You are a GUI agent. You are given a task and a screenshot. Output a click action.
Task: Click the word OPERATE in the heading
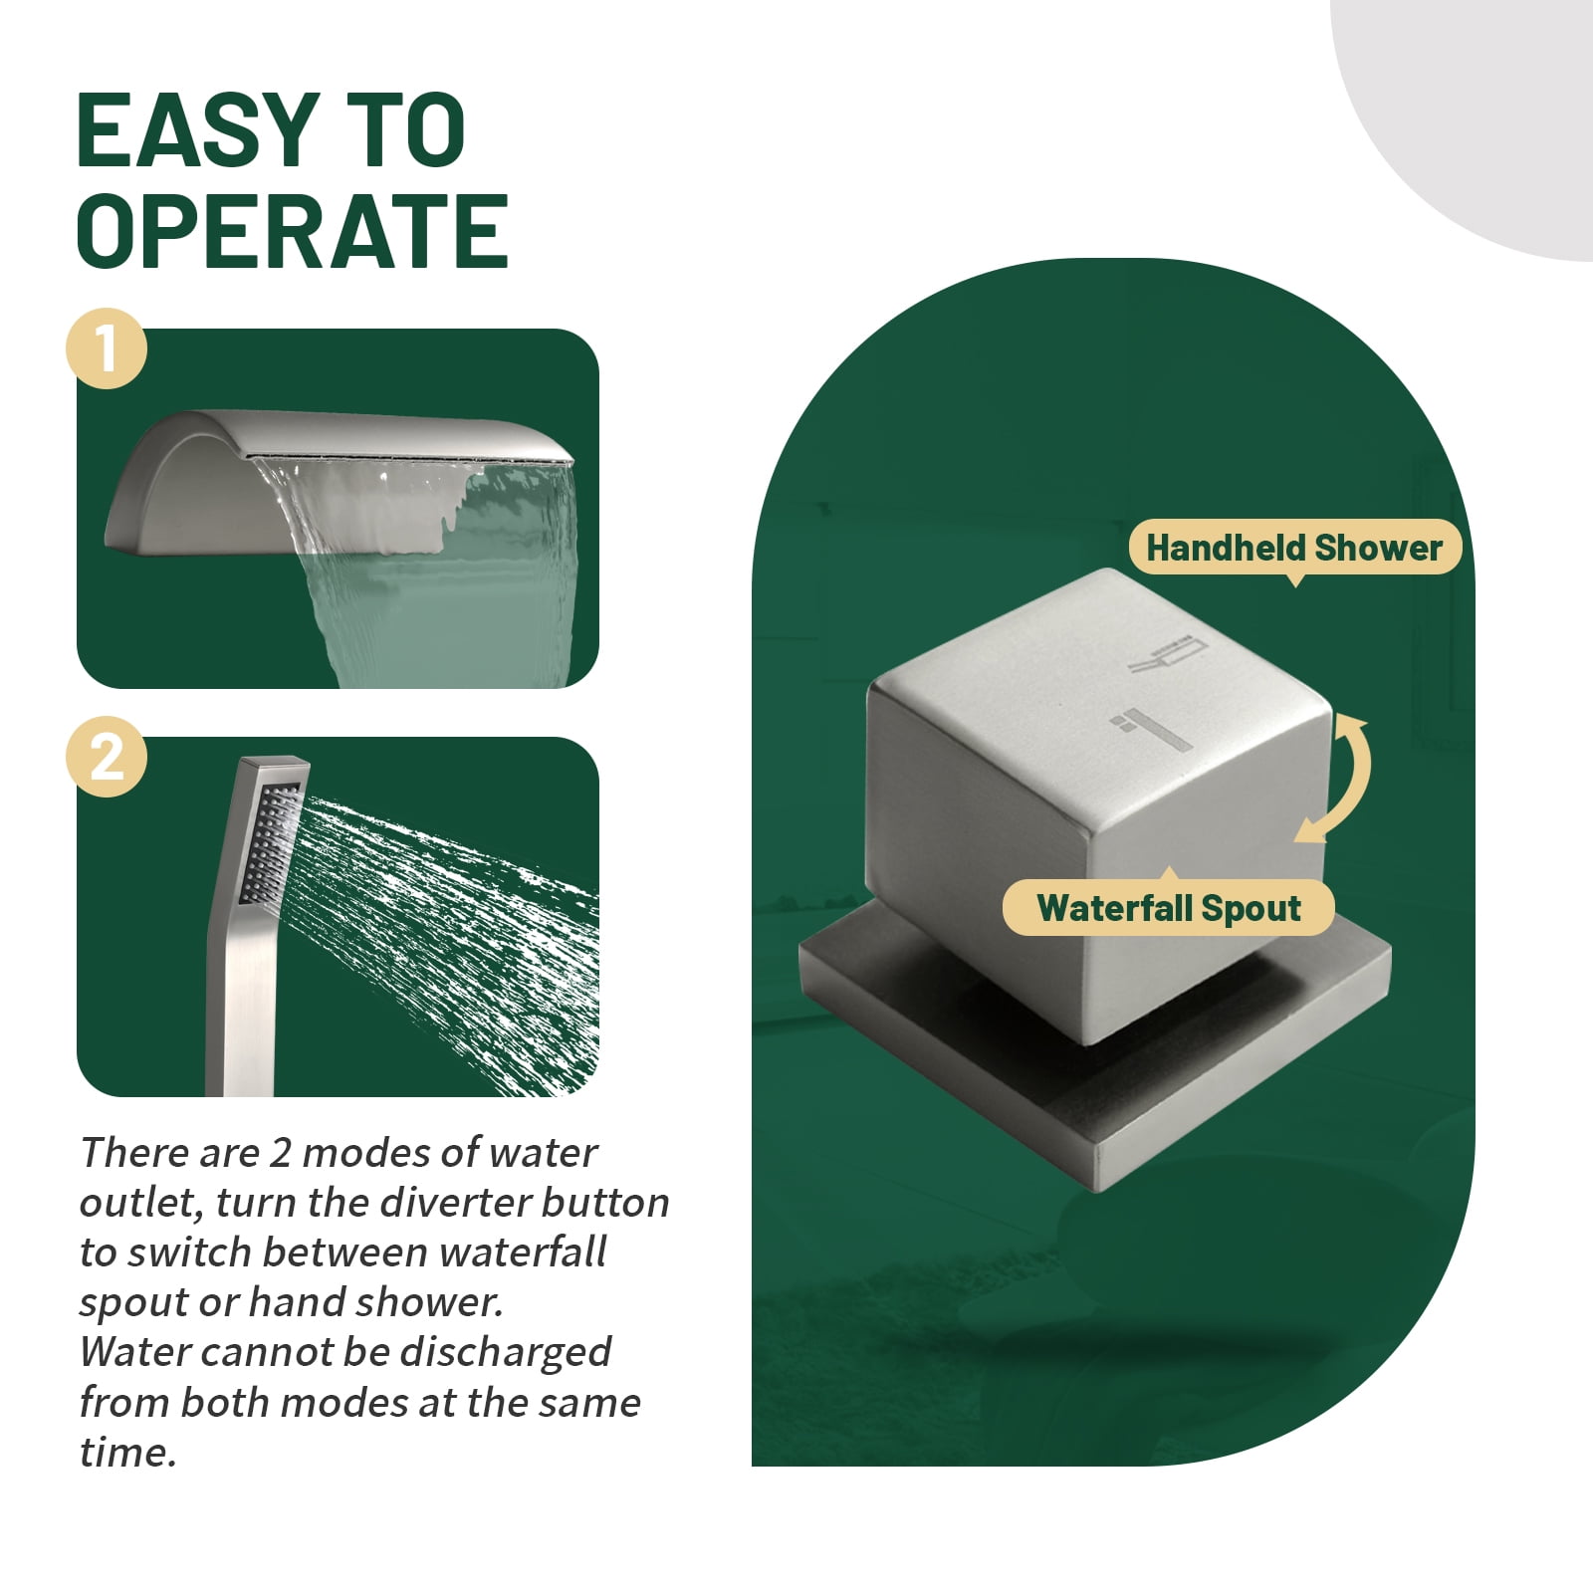click(x=293, y=231)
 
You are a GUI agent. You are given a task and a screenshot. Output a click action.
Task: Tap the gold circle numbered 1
click(x=107, y=349)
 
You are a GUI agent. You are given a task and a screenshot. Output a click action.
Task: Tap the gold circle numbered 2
click(x=107, y=757)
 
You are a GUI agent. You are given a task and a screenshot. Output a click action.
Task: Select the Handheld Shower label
click(x=1294, y=548)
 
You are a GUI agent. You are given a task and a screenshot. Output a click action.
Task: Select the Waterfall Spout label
click(x=1169, y=907)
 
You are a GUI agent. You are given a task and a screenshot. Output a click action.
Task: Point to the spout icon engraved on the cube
click(x=1151, y=729)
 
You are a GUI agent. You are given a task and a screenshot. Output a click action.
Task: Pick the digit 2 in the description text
click(x=281, y=1153)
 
